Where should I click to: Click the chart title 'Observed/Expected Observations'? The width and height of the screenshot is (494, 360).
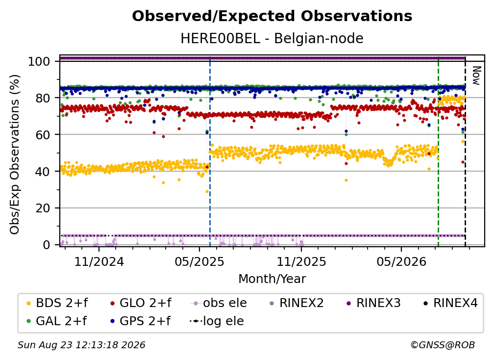[272, 16]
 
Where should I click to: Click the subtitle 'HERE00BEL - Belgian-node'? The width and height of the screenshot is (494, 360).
[272, 38]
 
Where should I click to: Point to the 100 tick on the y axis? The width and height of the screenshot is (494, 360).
[39, 61]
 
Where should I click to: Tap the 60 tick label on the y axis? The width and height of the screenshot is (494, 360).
[43, 134]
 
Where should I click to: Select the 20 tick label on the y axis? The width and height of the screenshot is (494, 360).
[43, 208]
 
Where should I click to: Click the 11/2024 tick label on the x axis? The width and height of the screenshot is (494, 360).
[99, 261]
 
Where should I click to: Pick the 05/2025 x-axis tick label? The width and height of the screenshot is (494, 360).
[199, 261]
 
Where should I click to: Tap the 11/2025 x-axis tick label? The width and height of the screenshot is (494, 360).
[301, 261]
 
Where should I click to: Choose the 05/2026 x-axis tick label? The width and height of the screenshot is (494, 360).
[401, 261]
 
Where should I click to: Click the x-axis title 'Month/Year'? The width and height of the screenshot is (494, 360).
[272, 279]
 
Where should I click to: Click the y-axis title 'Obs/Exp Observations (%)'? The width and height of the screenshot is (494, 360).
[15, 154]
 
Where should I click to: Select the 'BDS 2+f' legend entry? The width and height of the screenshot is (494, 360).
[57, 303]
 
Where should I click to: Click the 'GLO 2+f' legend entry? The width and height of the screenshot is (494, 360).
[141, 303]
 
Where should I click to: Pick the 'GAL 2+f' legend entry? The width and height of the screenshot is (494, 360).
[57, 321]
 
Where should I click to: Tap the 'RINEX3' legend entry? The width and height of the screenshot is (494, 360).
[373, 303]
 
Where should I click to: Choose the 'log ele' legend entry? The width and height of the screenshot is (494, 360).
[217, 321]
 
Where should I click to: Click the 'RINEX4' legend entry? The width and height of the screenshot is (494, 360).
[450, 303]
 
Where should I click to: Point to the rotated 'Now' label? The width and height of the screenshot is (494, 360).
[476, 76]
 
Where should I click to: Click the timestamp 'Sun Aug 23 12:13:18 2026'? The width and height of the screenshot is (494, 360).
[81, 345]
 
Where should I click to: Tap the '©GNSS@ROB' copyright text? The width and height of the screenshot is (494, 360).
[443, 345]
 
